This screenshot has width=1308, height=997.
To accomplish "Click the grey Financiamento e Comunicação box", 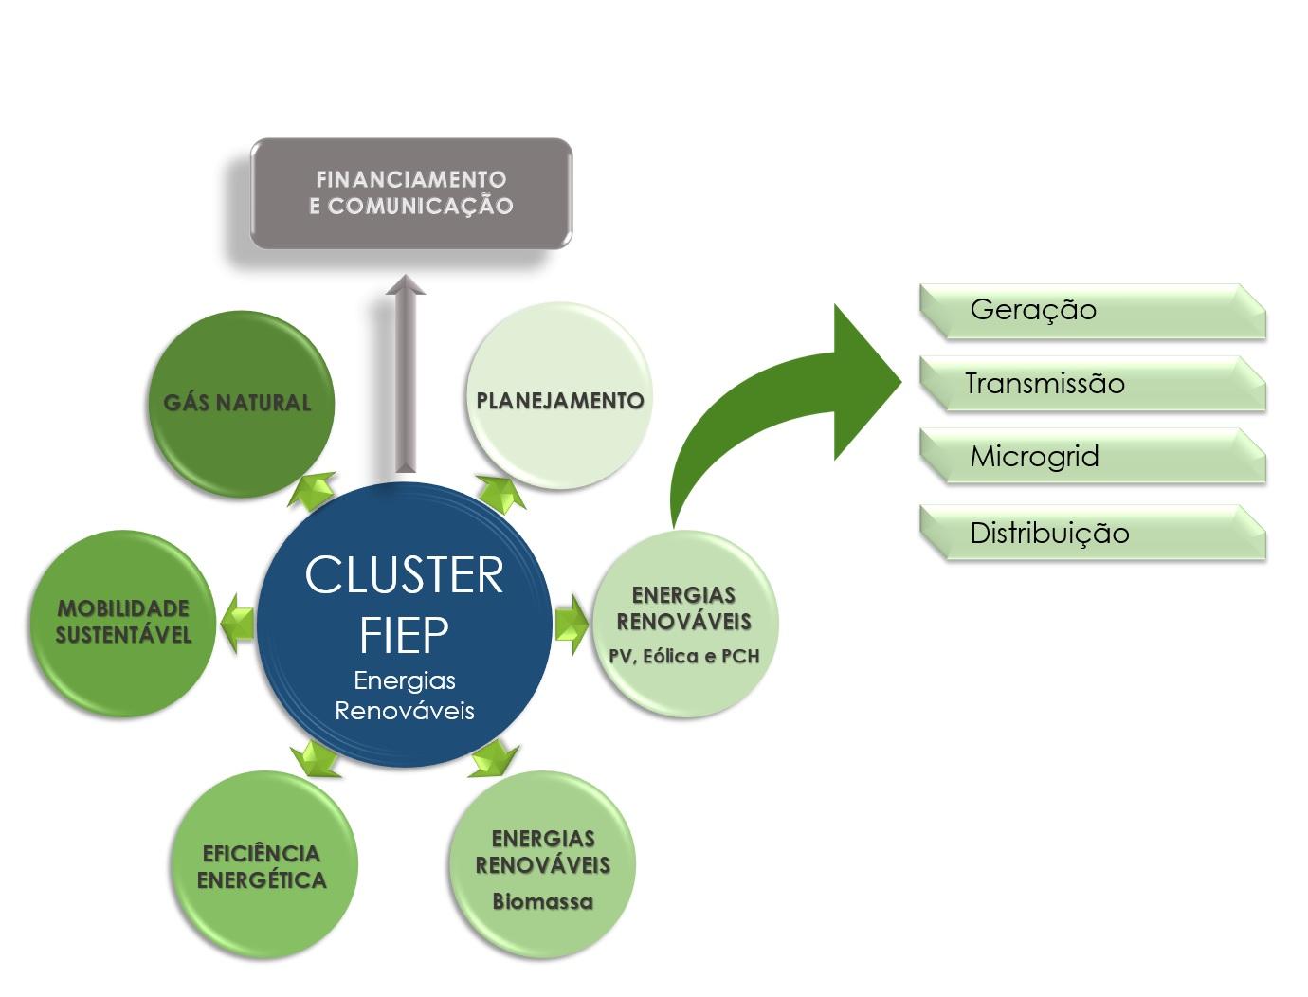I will click(410, 193).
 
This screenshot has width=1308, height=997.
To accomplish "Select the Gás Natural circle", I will click(239, 403).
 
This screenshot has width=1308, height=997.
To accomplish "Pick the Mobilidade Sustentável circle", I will click(123, 622).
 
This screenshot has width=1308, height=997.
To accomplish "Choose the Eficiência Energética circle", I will click(262, 866).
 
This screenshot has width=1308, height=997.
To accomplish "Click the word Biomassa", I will click(542, 901).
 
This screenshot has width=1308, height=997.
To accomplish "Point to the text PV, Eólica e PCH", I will click(683, 656).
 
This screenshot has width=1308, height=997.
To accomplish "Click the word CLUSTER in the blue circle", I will click(404, 575).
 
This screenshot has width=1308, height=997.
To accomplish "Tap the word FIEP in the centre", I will click(404, 635).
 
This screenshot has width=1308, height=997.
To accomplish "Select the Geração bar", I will click(1092, 311).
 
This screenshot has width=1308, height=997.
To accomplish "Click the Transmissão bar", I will click(1092, 384).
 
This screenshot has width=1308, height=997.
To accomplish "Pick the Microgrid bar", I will click(1092, 457).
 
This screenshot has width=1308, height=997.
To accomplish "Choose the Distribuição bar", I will click(1092, 533).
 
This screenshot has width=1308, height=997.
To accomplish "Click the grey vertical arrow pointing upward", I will click(405, 374).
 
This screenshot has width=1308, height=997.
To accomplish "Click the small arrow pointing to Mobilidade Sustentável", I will click(236, 623).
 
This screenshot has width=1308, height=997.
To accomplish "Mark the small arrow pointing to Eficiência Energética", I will click(315, 758).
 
